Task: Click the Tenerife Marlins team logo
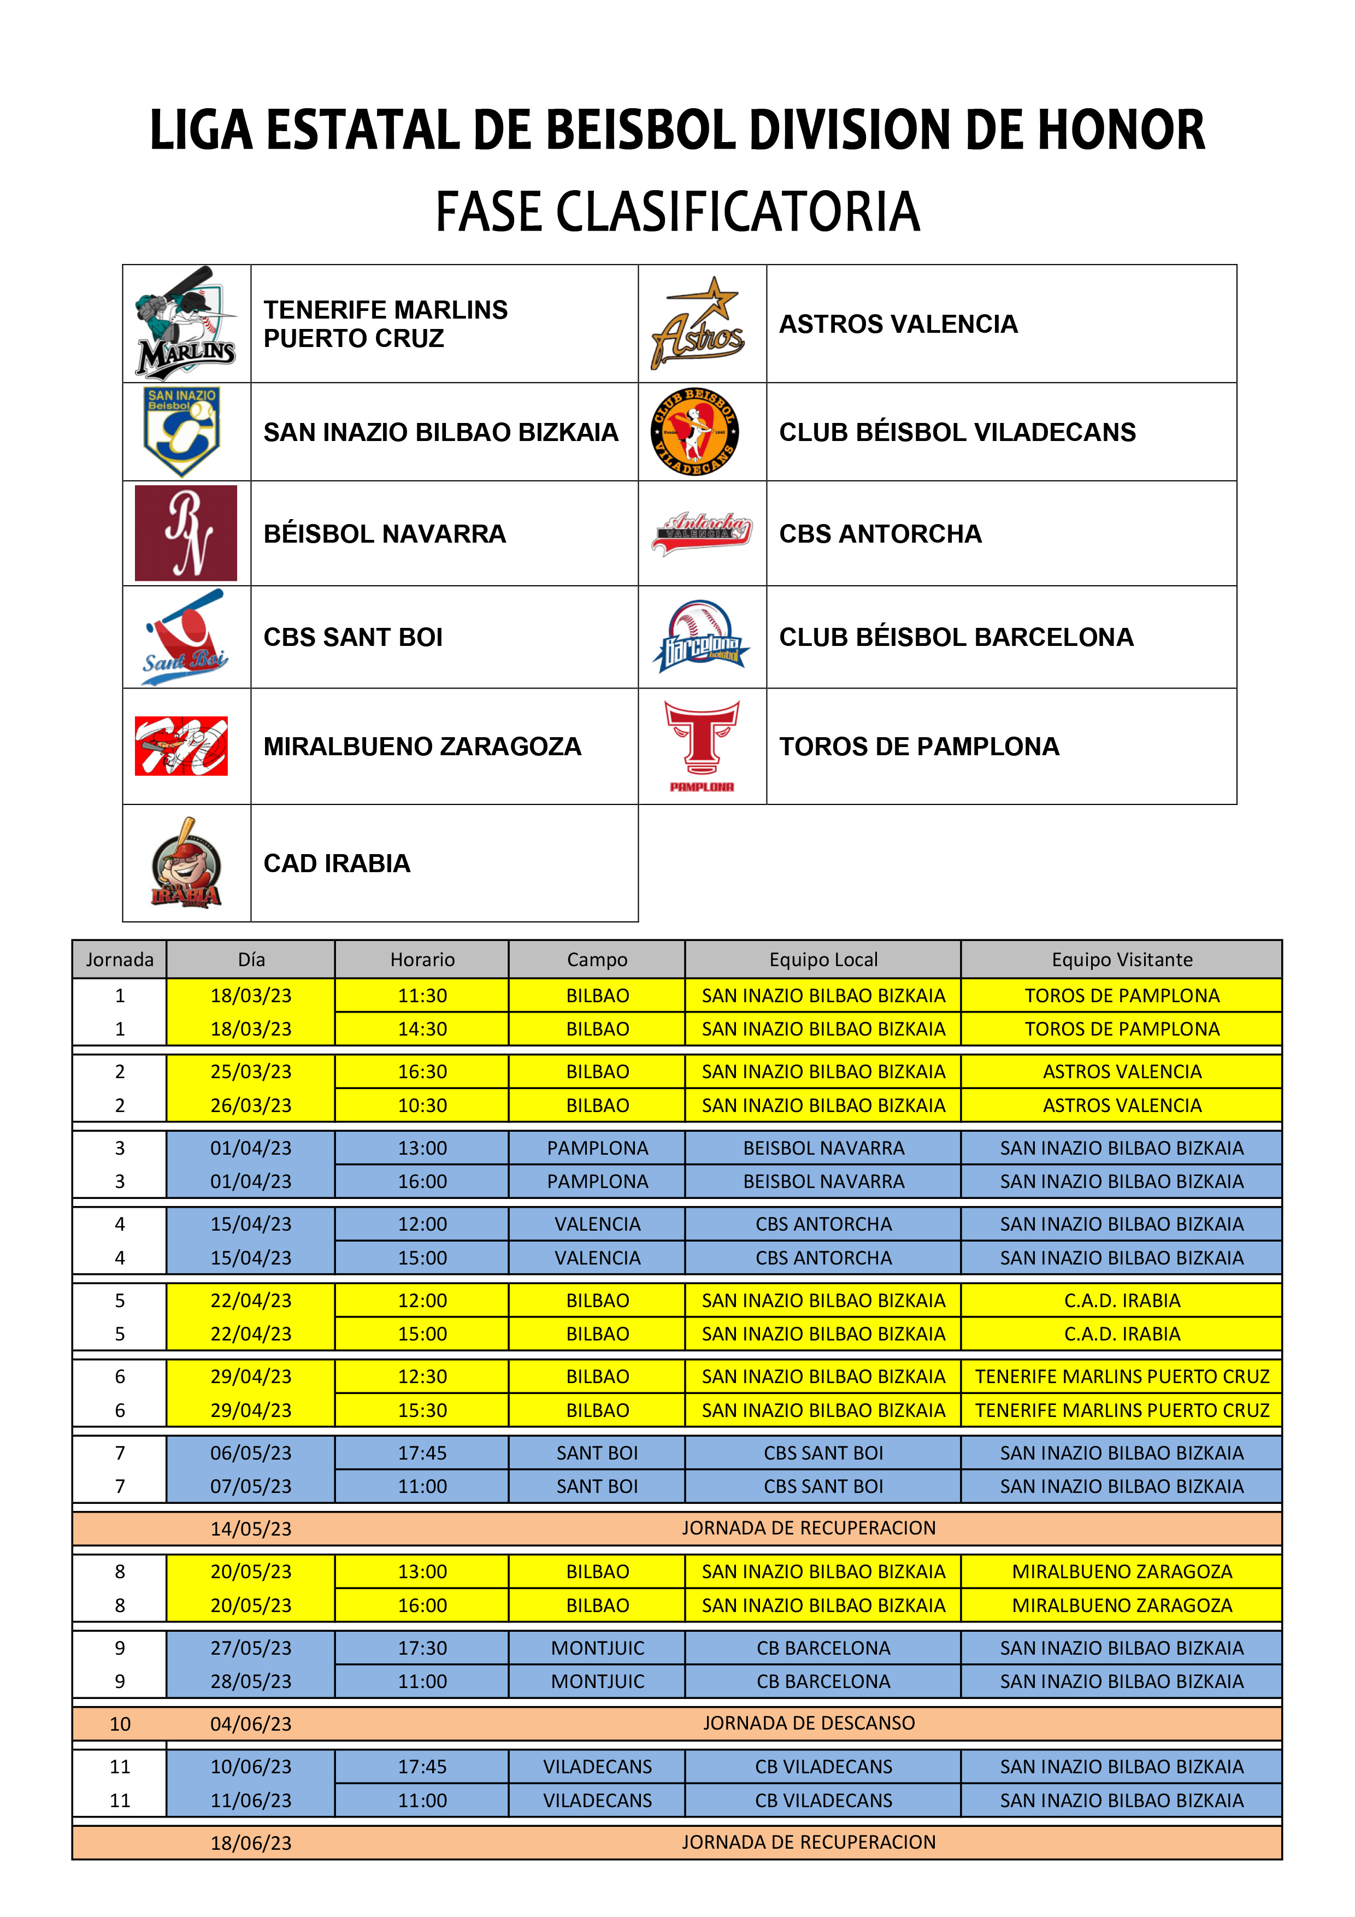(x=185, y=324)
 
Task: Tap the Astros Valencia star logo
(x=699, y=324)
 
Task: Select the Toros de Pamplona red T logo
(x=702, y=745)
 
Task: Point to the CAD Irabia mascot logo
(x=185, y=863)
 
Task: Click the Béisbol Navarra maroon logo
(x=185, y=533)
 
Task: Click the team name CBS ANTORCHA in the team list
(x=880, y=533)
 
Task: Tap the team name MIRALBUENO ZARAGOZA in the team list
(x=422, y=746)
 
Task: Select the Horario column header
(x=422, y=960)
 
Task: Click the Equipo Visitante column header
(x=1121, y=960)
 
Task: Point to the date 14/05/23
(x=250, y=1529)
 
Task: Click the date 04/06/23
(x=250, y=1724)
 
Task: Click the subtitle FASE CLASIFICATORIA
(x=677, y=211)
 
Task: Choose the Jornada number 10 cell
(x=120, y=1724)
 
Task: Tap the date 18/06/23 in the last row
(x=250, y=1843)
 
